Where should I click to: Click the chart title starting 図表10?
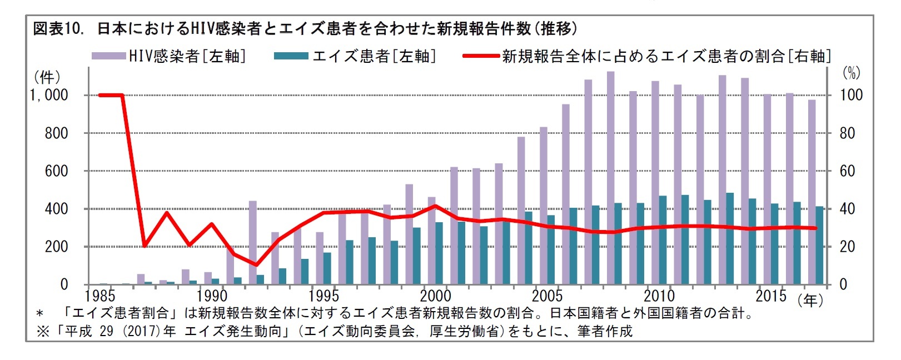click(305, 28)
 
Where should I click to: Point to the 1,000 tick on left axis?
click(50, 95)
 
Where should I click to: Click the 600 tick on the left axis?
click(56, 171)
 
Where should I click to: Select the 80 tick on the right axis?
click(847, 133)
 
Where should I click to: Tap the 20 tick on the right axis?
click(847, 247)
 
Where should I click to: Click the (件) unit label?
click(47, 77)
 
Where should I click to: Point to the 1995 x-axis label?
click(323, 296)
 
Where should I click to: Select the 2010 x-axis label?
click(659, 296)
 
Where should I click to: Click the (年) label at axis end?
click(811, 300)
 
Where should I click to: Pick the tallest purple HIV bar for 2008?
click(610, 178)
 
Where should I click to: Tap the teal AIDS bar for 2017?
click(819, 246)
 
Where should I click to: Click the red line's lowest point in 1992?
click(256, 264)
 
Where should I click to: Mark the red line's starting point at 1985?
click(100, 95)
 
